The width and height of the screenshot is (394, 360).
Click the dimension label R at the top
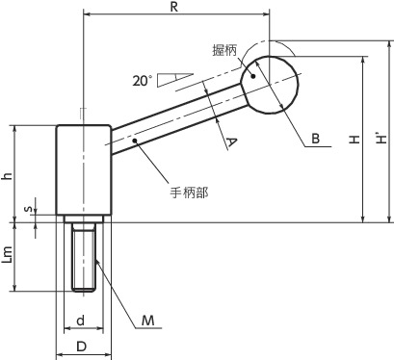click(x=174, y=7)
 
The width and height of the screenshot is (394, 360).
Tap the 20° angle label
click(x=143, y=82)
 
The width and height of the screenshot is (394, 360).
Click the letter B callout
click(x=315, y=139)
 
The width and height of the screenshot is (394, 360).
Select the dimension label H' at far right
click(x=382, y=139)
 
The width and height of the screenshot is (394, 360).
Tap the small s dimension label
click(x=28, y=208)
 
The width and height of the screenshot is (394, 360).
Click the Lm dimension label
click(x=8, y=255)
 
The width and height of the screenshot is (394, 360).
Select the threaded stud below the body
click(x=83, y=255)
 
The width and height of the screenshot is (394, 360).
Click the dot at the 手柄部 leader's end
click(x=137, y=140)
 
